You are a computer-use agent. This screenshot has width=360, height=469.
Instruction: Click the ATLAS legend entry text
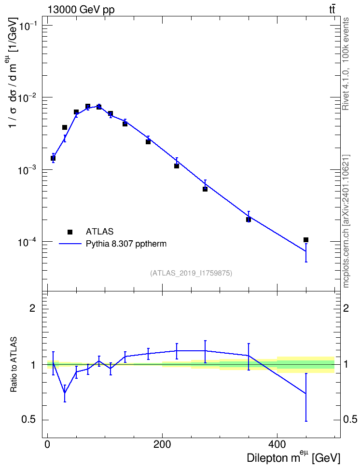(x=99, y=232)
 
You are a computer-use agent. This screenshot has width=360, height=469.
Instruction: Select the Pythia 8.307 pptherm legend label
(x=126, y=244)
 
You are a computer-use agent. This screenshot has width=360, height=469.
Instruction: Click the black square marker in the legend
(x=70, y=232)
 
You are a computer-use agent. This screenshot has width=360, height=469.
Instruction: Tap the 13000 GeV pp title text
(x=81, y=10)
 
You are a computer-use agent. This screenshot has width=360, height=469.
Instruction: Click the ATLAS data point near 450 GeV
(x=306, y=240)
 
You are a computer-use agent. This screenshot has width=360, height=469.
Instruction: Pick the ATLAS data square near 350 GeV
(x=249, y=220)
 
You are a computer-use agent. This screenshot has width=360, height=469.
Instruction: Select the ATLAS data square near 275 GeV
(x=205, y=189)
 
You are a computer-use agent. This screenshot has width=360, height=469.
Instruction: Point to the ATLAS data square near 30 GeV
(x=65, y=127)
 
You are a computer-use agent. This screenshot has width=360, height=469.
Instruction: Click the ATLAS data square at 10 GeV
(x=53, y=158)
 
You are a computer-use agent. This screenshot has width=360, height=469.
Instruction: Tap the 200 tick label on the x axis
(x=162, y=444)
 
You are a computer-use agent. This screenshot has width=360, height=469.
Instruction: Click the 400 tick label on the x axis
(x=277, y=444)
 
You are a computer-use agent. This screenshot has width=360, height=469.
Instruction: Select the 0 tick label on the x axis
(x=47, y=444)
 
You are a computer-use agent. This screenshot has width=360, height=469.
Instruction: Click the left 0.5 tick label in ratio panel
(x=28, y=419)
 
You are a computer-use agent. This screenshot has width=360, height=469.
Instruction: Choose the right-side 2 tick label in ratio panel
(x=346, y=308)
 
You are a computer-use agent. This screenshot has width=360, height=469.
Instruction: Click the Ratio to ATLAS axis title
(x=14, y=364)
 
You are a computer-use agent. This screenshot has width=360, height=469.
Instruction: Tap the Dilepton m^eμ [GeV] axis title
(x=293, y=458)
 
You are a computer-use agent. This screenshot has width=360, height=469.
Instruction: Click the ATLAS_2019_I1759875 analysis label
(x=191, y=273)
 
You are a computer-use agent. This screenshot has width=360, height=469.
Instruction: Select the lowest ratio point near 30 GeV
(x=65, y=392)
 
